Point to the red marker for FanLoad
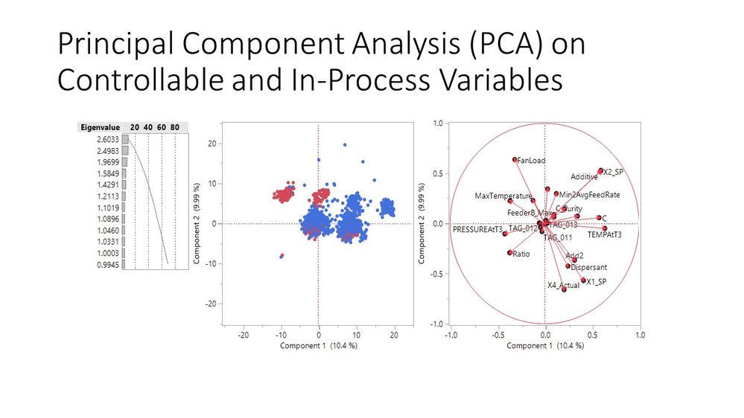(515, 159)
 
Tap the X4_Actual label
(562, 285)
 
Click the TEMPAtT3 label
(604, 234)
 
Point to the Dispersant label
(589, 267)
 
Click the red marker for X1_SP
(583, 280)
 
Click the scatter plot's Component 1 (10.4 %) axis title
(318, 347)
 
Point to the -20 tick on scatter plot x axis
(243, 335)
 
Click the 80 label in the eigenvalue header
(174, 127)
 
